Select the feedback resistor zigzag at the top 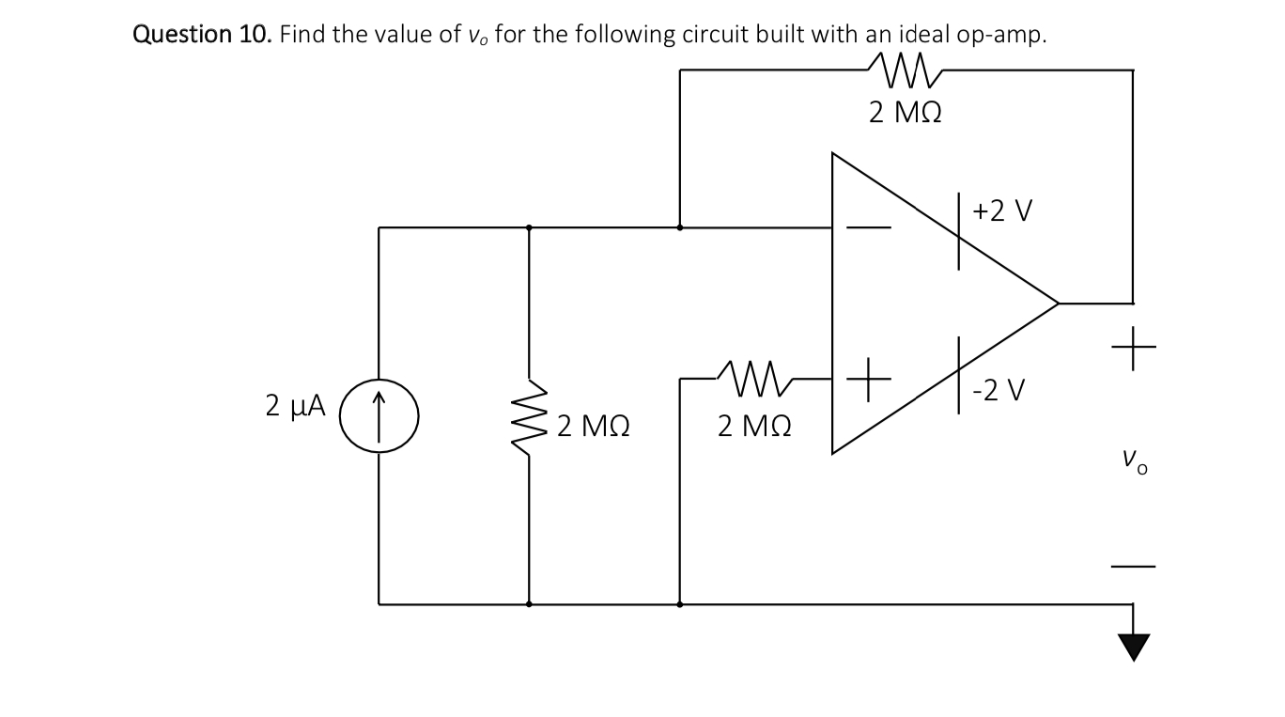[906, 68]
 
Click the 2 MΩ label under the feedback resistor [906, 113]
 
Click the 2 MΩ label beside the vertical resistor [592, 428]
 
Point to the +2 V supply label [1002, 210]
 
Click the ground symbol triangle [1134, 647]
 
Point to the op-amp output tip [1058, 303]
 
